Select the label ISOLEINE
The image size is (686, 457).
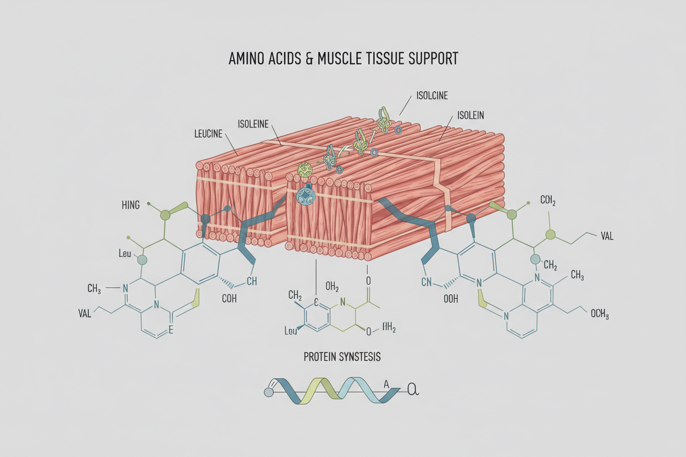coord(253,124)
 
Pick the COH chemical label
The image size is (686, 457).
coord(229,299)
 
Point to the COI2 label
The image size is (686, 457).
coord(549,201)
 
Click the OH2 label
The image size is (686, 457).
coord(332,286)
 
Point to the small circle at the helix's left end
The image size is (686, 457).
coord(269,393)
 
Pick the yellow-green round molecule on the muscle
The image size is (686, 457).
coord(304,169)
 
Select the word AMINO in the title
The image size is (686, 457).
coord(248,59)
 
